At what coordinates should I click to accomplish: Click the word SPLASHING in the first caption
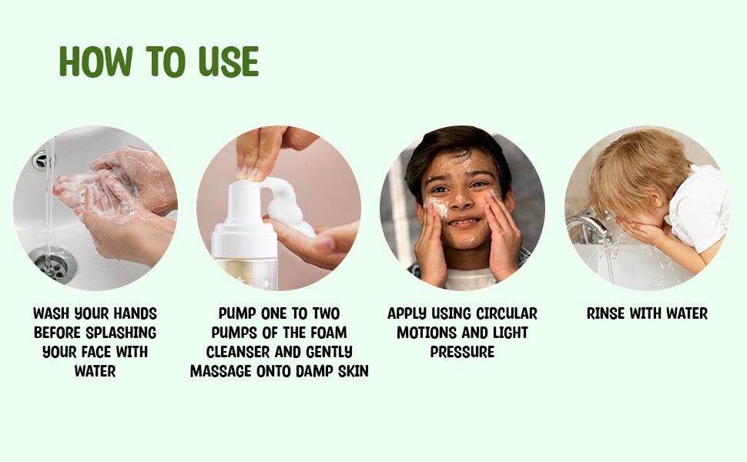tap(118, 333)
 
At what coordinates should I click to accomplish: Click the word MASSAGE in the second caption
tap(221, 371)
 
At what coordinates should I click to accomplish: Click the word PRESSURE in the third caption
tap(462, 352)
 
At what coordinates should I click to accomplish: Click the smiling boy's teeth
tap(462, 223)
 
